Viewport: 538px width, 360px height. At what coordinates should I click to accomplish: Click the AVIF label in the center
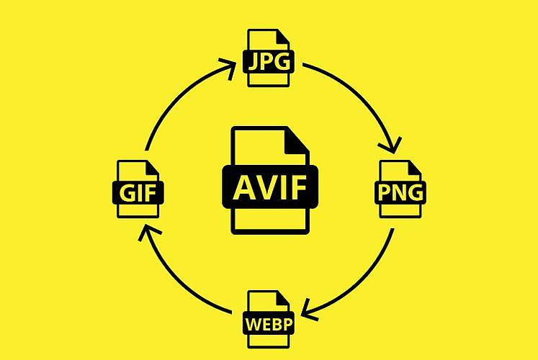click(270, 187)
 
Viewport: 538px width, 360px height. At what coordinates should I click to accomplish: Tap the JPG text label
click(269, 61)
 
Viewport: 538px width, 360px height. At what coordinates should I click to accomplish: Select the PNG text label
click(400, 192)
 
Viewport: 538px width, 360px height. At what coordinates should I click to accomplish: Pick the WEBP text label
click(269, 323)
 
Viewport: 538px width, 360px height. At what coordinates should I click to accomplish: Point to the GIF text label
click(138, 193)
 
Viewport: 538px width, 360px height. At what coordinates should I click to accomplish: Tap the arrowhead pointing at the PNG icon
click(391, 145)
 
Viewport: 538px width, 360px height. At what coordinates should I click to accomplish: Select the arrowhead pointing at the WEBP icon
click(310, 310)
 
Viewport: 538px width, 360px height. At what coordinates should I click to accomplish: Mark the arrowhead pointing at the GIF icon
click(148, 233)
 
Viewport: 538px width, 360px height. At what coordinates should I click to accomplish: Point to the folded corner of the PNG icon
click(415, 168)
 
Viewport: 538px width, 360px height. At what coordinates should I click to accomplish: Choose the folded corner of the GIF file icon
click(153, 168)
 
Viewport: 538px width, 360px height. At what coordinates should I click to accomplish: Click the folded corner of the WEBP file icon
click(284, 298)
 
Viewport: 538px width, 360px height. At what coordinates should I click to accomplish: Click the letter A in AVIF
click(244, 187)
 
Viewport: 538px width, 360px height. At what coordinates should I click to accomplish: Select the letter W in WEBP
click(254, 324)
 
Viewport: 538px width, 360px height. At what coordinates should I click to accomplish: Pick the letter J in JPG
click(253, 62)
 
